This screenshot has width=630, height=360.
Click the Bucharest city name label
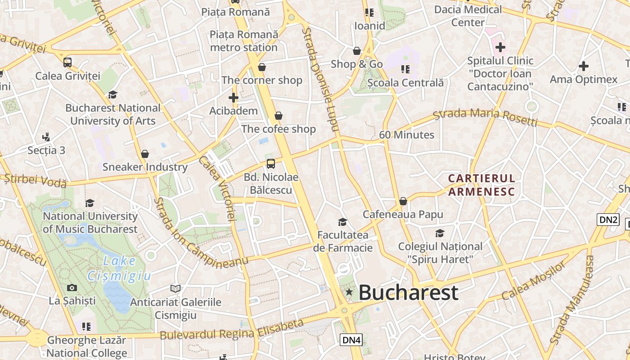coord(408,292)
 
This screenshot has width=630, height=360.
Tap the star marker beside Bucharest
coord(349,292)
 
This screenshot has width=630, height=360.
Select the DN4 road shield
coord(351,340)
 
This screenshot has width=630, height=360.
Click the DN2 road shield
coord(608,220)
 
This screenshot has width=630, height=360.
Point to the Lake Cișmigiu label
coord(119,268)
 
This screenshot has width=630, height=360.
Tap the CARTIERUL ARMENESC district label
coord(481,185)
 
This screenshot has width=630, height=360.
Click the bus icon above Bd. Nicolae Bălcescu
coord(270,164)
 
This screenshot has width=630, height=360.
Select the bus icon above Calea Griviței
coord(67,63)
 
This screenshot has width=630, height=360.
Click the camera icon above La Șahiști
coord(72,288)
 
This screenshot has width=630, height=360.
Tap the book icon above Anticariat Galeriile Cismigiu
coord(175,288)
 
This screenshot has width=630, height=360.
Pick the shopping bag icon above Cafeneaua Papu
coord(403,201)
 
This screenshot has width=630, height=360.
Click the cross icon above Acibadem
coord(233,97)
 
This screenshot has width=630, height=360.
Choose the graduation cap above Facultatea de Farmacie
coord(343,222)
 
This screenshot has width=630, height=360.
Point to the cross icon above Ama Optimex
coord(583,67)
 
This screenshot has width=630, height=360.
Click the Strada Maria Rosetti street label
coord(485,117)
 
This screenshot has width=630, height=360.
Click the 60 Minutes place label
coord(406,135)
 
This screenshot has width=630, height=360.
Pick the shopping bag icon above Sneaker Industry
coord(145,154)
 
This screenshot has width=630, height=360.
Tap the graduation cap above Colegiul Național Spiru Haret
coord(440,233)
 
